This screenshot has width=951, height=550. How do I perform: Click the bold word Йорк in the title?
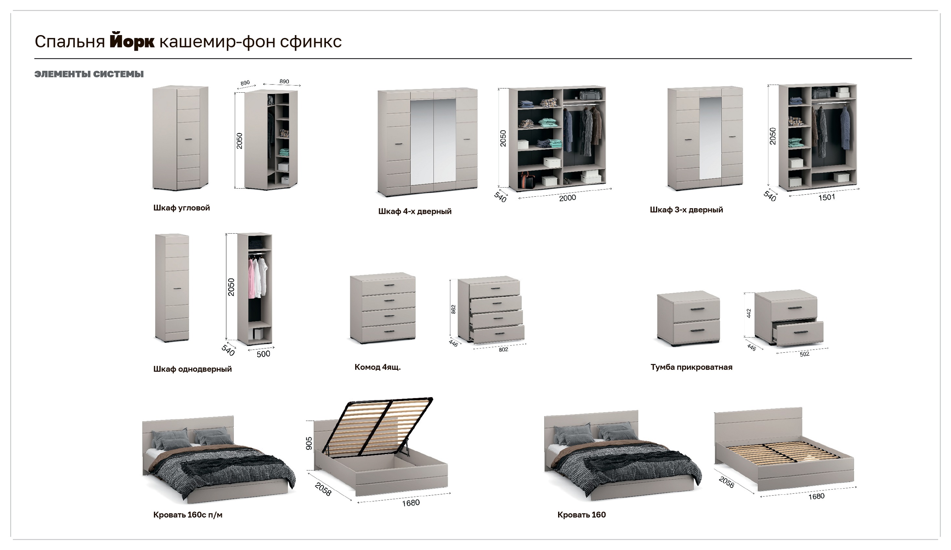click(132, 42)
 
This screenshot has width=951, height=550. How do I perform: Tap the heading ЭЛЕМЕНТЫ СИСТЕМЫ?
click(89, 74)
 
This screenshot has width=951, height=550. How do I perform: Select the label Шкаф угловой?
click(181, 208)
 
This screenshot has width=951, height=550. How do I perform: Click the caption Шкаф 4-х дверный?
click(415, 211)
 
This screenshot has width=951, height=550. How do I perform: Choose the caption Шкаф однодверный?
click(193, 369)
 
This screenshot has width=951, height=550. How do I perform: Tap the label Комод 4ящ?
click(377, 367)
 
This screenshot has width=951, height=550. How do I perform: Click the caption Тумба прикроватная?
click(691, 367)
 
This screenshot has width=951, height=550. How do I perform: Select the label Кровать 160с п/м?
click(188, 515)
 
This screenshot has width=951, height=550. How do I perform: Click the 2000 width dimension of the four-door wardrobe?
click(568, 198)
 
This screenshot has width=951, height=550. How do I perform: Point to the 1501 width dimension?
click(826, 197)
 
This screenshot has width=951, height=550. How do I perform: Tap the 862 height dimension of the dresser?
click(454, 309)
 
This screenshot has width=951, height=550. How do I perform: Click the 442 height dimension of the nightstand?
click(749, 313)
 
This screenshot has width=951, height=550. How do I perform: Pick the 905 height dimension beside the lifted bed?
click(309, 443)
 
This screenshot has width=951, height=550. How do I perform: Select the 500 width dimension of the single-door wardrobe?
click(263, 354)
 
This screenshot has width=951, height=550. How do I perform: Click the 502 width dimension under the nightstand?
click(804, 354)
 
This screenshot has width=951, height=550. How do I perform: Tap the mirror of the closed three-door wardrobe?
click(710, 138)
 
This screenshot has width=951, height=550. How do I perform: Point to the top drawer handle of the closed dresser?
click(389, 285)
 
